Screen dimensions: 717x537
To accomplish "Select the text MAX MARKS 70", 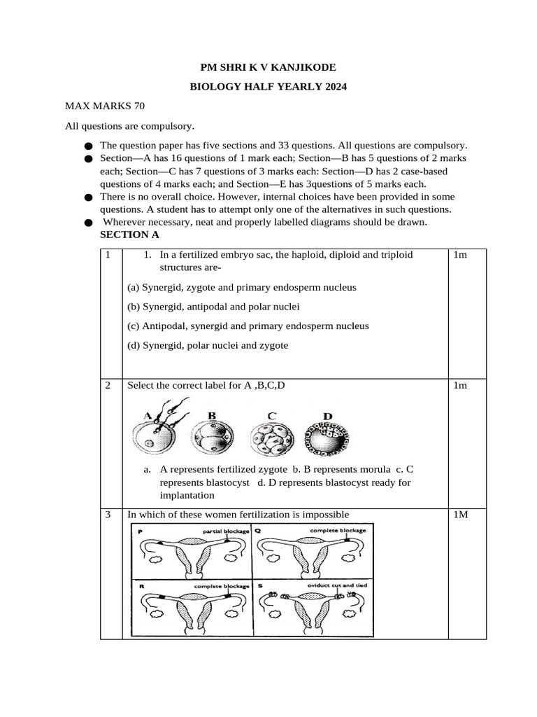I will pyautogui.click(x=105, y=106).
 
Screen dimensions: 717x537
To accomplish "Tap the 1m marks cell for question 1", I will pyautogui.click(x=460, y=255).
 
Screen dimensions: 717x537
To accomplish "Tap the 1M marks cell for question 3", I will pyautogui.click(x=460, y=515).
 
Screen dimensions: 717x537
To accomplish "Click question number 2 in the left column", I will pyautogui.click(x=108, y=386).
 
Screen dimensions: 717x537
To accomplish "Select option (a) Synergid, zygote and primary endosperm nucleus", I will pyautogui.click(x=242, y=287).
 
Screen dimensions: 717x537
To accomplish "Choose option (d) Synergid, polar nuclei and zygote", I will pyautogui.click(x=208, y=345).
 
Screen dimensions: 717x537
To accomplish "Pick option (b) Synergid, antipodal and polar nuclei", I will pyautogui.click(x=213, y=307).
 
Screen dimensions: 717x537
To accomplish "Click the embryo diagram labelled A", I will pyautogui.click(x=158, y=434).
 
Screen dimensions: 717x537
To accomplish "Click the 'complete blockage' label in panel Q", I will pyautogui.click(x=338, y=531).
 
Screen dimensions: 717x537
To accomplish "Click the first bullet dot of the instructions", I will pyautogui.click(x=87, y=146).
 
